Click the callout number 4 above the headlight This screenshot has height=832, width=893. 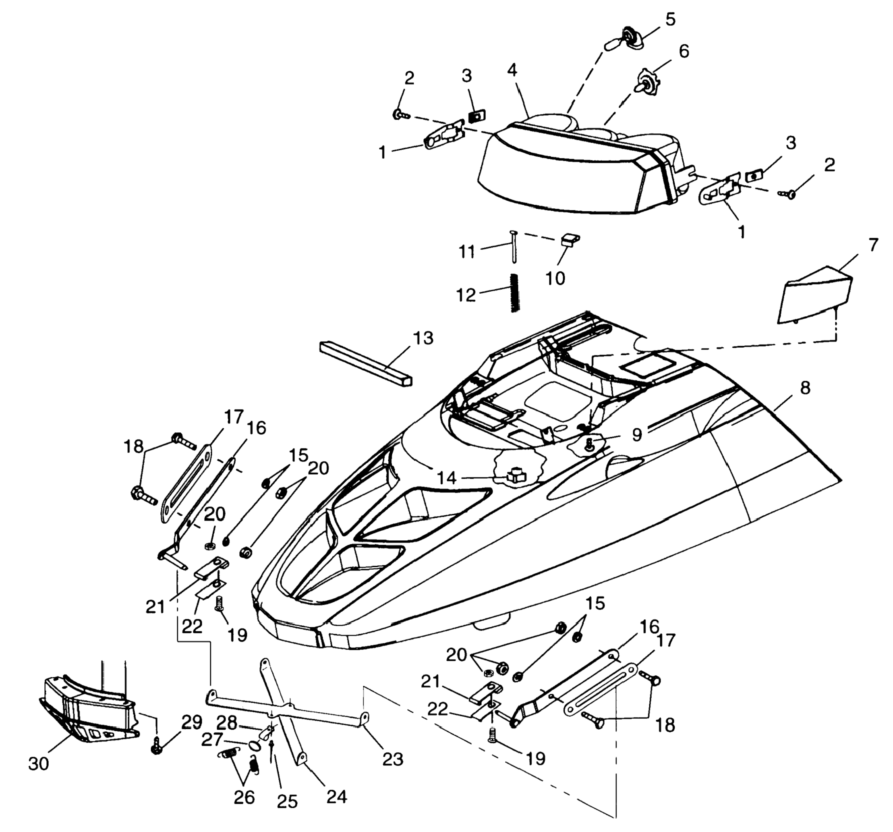[512, 70]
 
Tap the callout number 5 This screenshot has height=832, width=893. [670, 20]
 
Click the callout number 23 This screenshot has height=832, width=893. [393, 759]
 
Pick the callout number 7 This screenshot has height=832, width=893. [872, 245]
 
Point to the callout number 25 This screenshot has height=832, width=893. [287, 801]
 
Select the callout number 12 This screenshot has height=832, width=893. [466, 295]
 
